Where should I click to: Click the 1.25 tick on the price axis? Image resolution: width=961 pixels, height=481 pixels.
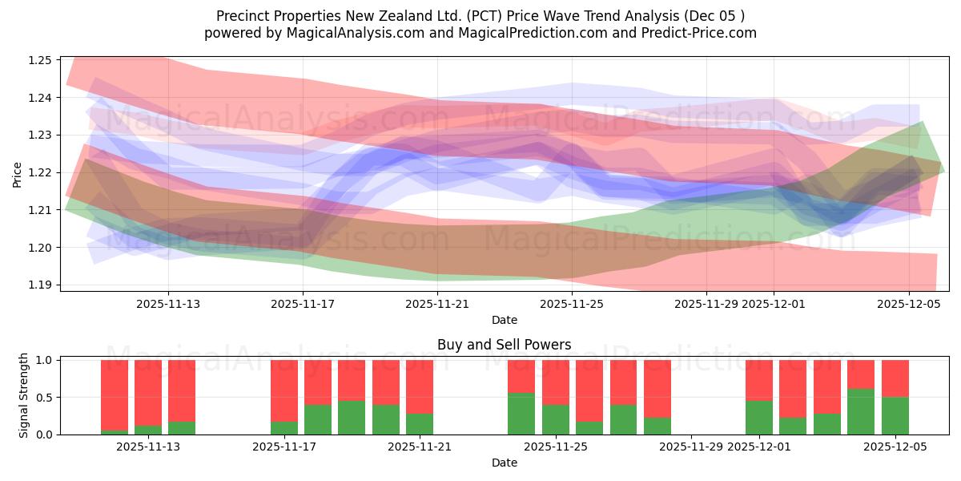(x=41, y=60)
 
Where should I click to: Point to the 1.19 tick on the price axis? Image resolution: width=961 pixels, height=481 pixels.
(x=41, y=285)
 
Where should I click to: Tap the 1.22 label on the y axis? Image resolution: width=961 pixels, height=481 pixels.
(x=41, y=172)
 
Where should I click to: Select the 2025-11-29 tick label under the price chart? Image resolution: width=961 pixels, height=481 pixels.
(x=706, y=305)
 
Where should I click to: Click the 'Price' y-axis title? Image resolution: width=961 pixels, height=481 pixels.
(x=18, y=173)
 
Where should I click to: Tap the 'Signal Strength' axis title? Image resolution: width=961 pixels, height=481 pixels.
(x=24, y=395)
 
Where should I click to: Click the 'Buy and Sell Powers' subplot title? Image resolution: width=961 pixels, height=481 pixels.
(x=504, y=346)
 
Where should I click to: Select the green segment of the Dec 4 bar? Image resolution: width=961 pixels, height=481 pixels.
(x=861, y=411)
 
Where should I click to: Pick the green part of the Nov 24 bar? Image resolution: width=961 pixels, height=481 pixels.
(x=521, y=413)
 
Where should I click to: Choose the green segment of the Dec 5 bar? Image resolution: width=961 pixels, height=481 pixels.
(x=895, y=415)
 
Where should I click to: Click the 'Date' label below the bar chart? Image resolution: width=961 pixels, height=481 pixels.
(x=504, y=463)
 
